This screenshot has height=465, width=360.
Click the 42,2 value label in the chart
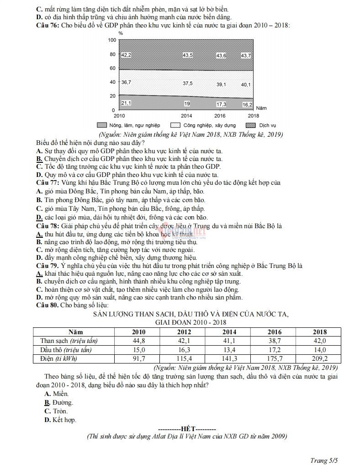[x=126, y=55]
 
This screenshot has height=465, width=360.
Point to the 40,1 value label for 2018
[x=246, y=85]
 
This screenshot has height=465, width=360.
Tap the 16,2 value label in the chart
[x=247, y=105]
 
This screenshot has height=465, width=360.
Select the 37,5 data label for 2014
[x=187, y=83]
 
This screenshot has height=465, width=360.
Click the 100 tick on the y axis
[x=112, y=40]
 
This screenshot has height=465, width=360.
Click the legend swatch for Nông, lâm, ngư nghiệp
[x=101, y=125]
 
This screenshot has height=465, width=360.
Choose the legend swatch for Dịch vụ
[x=251, y=125]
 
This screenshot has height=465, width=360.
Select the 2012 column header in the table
[x=185, y=332]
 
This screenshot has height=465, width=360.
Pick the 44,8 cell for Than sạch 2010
[x=139, y=341]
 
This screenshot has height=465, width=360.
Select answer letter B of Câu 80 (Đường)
[x=47, y=402]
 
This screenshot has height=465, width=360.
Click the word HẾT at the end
[x=188, y=428]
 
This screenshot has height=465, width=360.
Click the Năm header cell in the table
[x=75, y=332]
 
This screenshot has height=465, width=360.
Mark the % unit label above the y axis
[x=121, y=33]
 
